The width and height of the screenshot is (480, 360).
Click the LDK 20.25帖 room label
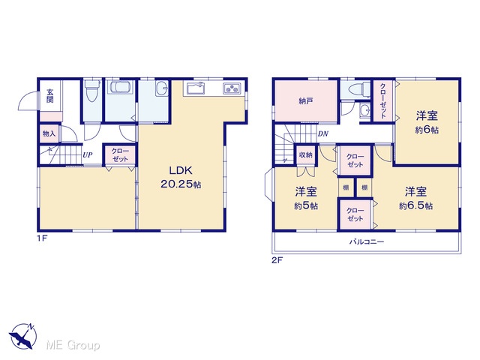(181, 177)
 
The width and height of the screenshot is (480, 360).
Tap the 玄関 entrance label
(50, 95)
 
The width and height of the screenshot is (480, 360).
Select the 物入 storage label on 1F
(49, 133)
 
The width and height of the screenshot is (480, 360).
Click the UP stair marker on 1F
(88, 155)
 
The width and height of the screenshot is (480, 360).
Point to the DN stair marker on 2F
(323, 133)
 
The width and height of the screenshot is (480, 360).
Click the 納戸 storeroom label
(306, 100)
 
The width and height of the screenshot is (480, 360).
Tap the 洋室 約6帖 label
(427, 123)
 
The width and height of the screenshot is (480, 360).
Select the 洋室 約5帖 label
(306, 199)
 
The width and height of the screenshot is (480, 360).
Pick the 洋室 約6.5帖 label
(415, 199)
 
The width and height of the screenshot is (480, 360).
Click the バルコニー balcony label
(367, 241)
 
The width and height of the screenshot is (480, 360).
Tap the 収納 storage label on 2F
(305, 154)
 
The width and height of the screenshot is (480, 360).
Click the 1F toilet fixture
(92, 90)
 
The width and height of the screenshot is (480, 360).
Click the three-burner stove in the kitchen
(232, 88)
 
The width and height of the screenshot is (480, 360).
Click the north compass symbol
(22, 336)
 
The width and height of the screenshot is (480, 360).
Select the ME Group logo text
(73, 345)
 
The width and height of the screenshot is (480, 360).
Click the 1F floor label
(43, 238)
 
